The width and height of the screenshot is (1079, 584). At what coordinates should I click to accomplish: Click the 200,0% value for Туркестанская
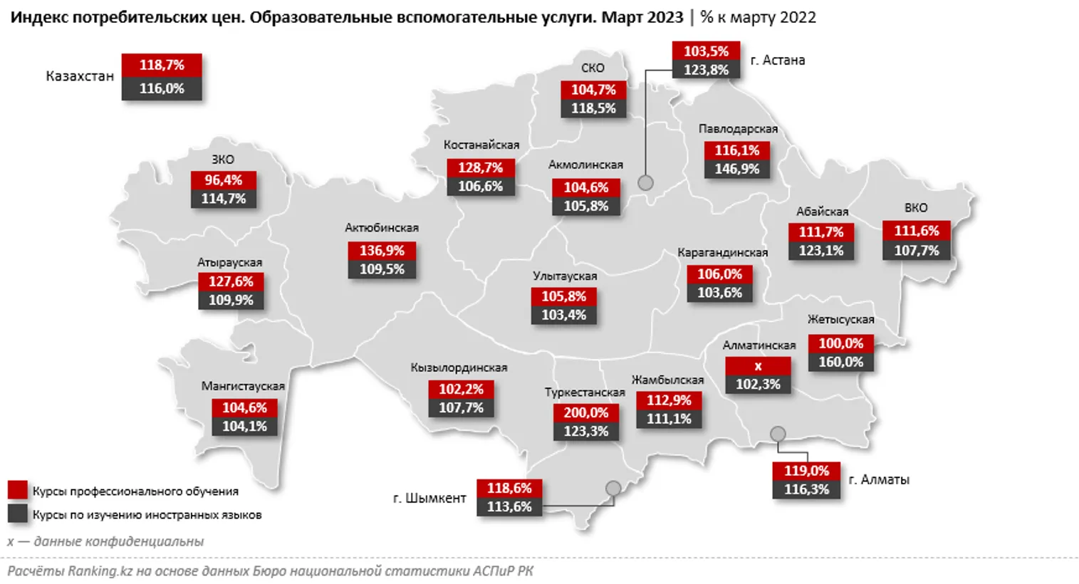point(585,412)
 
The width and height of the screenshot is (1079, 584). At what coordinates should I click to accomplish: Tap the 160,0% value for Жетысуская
point(840,362)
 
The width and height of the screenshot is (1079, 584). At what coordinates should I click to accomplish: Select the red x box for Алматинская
point(758,366)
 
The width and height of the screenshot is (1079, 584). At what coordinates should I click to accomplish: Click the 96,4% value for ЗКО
point(223,180)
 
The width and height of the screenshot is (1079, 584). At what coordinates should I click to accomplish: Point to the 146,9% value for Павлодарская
point(737,169)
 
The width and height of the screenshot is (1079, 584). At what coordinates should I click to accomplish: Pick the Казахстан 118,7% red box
point(162,65)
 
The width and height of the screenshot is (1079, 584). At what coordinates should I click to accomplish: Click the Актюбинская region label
point(382,228)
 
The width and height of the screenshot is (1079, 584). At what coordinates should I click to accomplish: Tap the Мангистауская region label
point(243,386)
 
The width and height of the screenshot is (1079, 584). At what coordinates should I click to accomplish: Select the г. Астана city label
point(777,61)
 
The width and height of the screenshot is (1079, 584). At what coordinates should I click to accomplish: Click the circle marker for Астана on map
point(645,182)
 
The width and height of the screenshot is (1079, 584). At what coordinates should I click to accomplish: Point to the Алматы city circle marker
point(778,434)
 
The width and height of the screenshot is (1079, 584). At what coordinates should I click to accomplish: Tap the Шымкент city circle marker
point(613,489)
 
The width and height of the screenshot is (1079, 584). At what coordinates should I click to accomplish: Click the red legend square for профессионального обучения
point(18,490)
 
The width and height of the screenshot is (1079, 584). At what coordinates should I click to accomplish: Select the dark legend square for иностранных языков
point(18,513)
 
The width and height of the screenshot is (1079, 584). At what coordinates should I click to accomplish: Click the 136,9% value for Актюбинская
point(382,251)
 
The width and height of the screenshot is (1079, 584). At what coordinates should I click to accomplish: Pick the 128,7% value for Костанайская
point(480,167)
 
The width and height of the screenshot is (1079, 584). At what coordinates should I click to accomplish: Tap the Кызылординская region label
point(459,367)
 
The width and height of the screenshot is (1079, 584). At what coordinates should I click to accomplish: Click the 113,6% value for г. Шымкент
point(509,506)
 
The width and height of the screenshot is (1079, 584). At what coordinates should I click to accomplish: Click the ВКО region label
point(916,208)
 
